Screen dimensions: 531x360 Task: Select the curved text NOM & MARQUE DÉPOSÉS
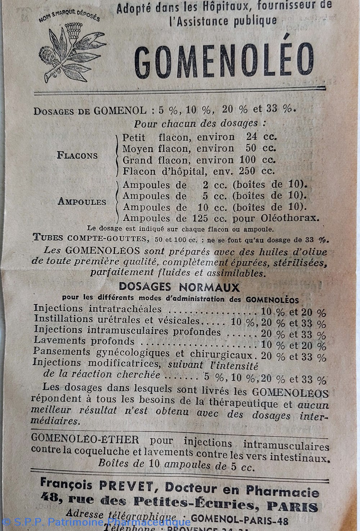(69, 16)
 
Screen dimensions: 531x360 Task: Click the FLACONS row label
(77, 155)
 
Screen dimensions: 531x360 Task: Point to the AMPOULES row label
(82, 201)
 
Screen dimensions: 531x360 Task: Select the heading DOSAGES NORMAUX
(179, 287)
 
